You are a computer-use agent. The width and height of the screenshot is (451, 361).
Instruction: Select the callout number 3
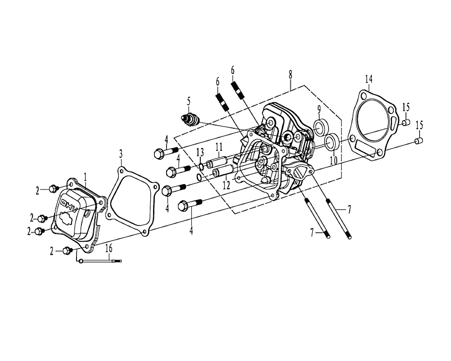point(121,154)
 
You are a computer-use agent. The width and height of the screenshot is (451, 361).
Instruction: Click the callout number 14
point(369,78)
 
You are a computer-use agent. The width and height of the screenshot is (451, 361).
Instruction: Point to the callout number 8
point(290,75)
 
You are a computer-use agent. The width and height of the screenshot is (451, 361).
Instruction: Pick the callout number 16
point(109,248)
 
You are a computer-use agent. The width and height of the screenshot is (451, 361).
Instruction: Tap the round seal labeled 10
point(331,141)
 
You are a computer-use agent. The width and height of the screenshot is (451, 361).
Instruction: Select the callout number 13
point(200,152)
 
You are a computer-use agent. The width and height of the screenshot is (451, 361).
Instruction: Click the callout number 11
point(219,147)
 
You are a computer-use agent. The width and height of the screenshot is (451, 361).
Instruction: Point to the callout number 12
point(227,185)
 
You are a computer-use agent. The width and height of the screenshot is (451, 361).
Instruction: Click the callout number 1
point(85,177)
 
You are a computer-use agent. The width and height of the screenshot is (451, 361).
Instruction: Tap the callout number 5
point(189,101)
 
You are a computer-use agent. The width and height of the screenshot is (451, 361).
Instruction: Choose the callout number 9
point(319,110)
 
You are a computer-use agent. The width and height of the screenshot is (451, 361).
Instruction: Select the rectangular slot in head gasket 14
point(366,149)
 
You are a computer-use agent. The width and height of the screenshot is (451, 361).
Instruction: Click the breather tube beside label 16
point(101,261)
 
